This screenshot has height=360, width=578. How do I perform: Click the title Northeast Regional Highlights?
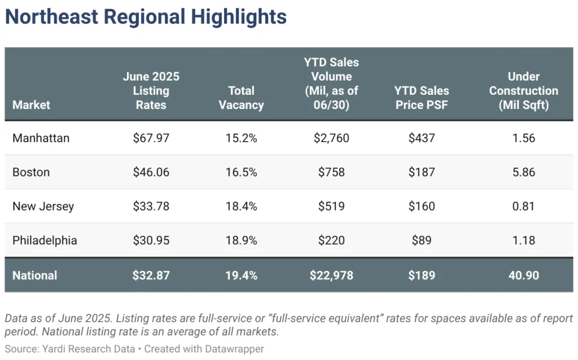(146, 17)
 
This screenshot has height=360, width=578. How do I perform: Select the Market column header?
(31, 105)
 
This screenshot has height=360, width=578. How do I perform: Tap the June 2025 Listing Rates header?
(151, 90)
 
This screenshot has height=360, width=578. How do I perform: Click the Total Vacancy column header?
(241, 98)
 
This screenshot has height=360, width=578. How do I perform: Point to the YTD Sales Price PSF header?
(422, 98)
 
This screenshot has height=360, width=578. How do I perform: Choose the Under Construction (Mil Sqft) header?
(523, 90)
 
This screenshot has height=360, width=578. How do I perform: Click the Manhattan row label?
(41, 138)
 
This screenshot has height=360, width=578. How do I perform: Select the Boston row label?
(31, 172)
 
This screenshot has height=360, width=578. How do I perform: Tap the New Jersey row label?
(43, 206)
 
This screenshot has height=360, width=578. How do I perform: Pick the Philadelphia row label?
(45, 240)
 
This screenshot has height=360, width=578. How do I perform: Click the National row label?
(34, 275)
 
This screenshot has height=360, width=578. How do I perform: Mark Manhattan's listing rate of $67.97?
(151, 138)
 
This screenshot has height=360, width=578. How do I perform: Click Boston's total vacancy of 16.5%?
(241, 172)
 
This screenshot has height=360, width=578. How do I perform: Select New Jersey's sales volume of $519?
(331, 206)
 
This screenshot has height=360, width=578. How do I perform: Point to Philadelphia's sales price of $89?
(422, 240)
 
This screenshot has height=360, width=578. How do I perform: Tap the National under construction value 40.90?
(523, 275)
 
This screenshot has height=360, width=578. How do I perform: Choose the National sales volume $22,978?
(331, 275)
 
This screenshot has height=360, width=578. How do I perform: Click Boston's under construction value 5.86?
(523, 172)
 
